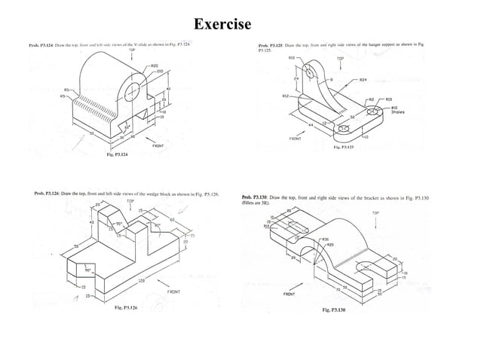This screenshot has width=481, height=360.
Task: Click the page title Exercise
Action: pos(222,25)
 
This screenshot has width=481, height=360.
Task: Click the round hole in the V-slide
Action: pos(132,92)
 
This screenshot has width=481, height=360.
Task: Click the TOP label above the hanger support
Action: pos(340,57)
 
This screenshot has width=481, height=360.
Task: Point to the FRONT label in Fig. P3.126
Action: pos(173,290)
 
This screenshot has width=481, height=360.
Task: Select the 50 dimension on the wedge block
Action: pos(56,245)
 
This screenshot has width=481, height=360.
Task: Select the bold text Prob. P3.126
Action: pos(51,194)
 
